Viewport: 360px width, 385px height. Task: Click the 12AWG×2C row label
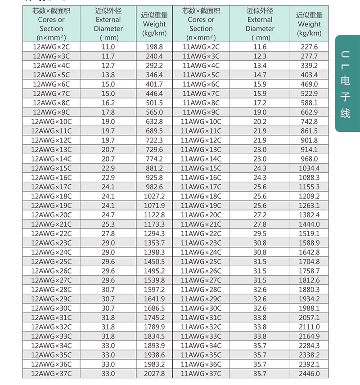click(51, 47)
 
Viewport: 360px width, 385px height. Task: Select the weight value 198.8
click(154, 47)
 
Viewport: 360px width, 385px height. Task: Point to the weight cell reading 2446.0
click(309, 373)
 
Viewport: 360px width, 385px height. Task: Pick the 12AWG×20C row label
click(51, 215)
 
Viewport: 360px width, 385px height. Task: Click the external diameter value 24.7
click(108, 215)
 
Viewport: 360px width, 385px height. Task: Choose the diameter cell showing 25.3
click(108, 224)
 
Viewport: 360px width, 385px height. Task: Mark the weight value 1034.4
click(309, 168)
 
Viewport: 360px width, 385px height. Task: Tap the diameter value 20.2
click(260, 121)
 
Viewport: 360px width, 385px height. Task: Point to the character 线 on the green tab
click(345, 113)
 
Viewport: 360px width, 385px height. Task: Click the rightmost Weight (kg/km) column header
click(309, 24)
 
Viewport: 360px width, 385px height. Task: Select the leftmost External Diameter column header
click(108, 24)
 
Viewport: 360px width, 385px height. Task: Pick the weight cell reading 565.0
click(154, 112)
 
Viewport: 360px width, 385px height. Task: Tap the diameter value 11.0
click(108, 47)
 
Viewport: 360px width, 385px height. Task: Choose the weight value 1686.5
click(154, 308)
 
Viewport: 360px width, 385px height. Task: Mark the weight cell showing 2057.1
click(309, 318)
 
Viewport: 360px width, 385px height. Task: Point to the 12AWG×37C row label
click(51, 373)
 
